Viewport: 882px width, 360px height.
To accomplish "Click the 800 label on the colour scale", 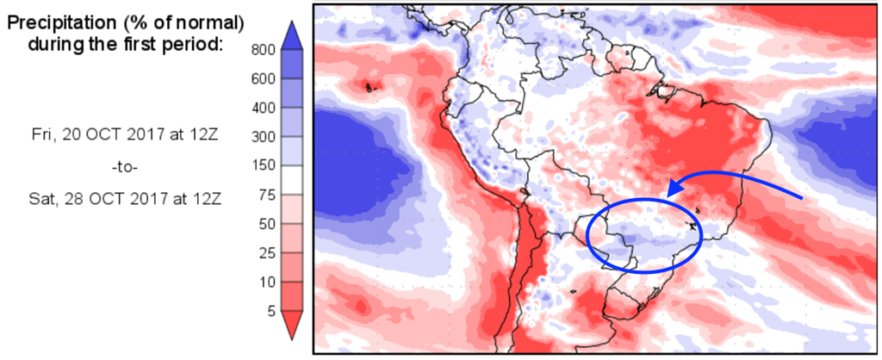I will point(263,50).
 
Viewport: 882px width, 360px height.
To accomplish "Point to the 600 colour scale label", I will point(263,78).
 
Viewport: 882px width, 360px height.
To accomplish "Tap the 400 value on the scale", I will point(263,108).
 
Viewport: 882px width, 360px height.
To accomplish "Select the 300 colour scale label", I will point(263,137).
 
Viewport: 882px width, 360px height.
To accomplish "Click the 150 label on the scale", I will point(263,165).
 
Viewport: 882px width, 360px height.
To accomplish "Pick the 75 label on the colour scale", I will point(266,195).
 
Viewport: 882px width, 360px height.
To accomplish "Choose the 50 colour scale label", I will point(266,224).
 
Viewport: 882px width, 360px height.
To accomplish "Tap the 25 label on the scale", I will point(266,252).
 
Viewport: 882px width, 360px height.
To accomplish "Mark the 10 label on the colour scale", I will point(266,282).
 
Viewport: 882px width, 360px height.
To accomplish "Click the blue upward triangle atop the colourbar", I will point(291,34).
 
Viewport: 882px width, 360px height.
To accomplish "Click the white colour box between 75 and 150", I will point(291,180).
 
